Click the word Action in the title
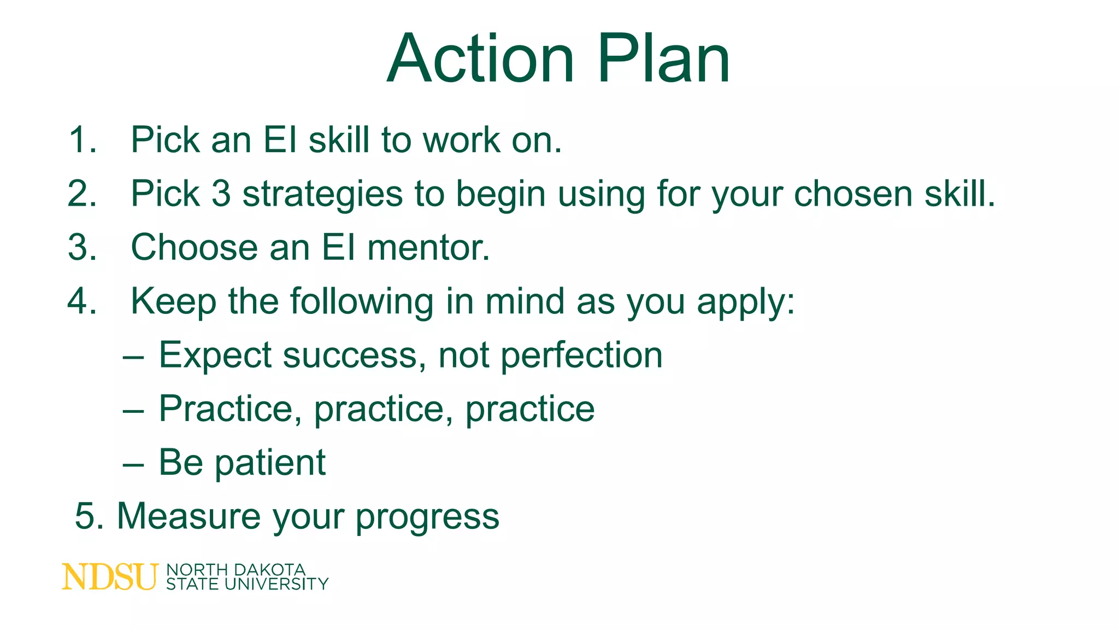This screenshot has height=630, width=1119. click(481, 59)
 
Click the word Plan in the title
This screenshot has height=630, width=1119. click(663, 59)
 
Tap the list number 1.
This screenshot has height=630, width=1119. click(82, 140)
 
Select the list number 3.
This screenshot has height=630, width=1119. click(82, 248)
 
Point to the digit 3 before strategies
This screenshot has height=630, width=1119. click(221, 194)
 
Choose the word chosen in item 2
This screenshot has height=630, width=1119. click(853, 194)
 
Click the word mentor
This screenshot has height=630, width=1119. click(428, 248)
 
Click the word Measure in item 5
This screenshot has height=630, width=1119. click(189, 516)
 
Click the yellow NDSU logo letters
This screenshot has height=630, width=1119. click(109, 577)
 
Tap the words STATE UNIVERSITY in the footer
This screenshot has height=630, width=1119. click(247, 585)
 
